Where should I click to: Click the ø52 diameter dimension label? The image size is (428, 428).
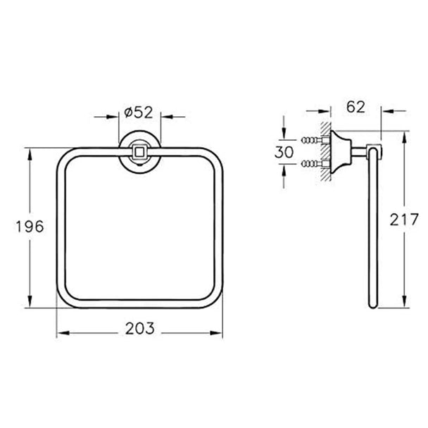[139, 113]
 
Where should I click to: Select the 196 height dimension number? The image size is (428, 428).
[30, 227]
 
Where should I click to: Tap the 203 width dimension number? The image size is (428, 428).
[140, 328]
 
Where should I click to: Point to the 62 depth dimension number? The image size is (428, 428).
[355, 107]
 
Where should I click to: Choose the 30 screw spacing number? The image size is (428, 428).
[284, 152]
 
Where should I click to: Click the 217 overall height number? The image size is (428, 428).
[404, 219]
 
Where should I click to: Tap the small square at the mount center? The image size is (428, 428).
[139, 152]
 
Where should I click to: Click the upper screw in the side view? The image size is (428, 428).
[312, 140]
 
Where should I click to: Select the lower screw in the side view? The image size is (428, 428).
[312, 164]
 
